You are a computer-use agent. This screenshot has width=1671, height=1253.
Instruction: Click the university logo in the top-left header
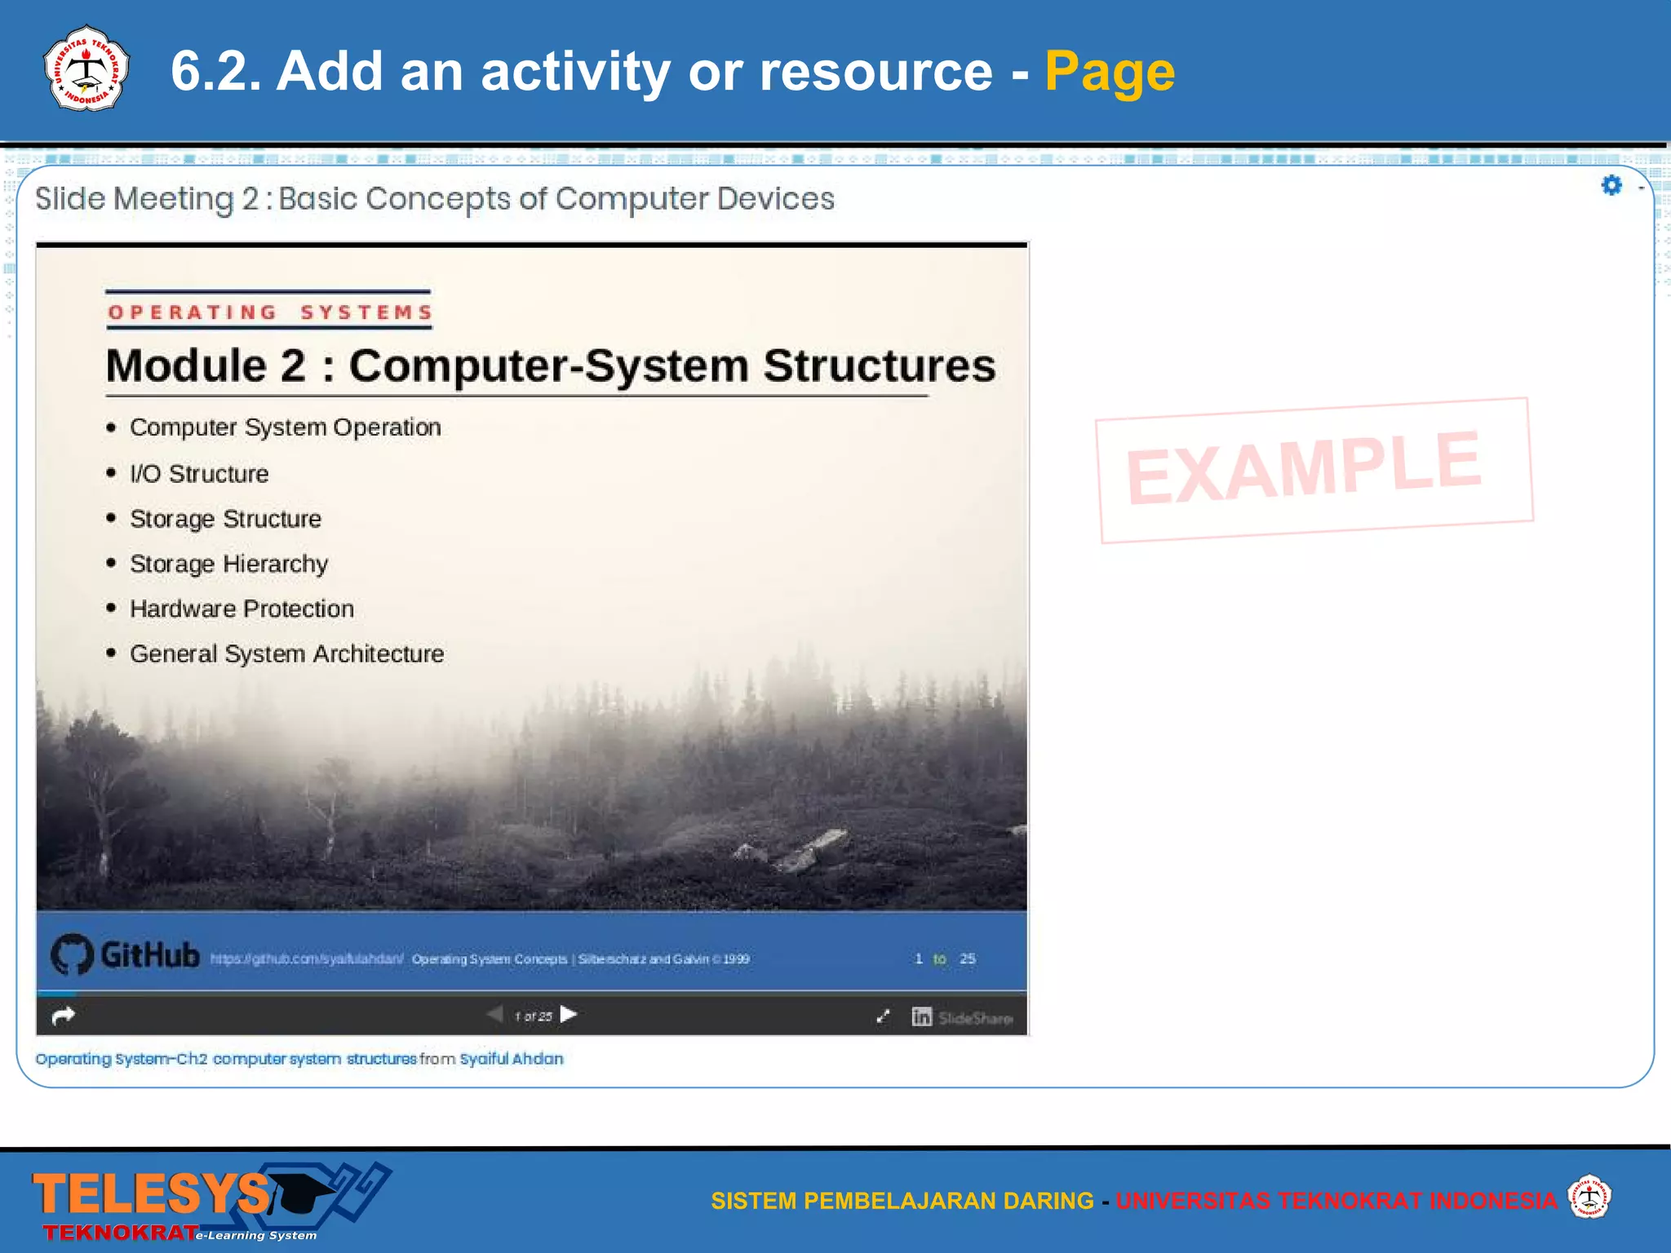pyautogui.click(x=86, y=69)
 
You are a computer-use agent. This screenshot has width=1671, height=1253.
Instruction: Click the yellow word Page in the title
pyautogui.click(x=1109, y=72)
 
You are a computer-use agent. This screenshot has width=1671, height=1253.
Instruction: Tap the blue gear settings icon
pyautogui.click(x=1611, y=186)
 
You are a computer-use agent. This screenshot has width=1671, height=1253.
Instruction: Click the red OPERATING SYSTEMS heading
pyautogui.click(x=269, y=312)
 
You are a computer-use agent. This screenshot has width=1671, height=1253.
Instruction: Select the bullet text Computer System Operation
pyautogui.click(x=285, y=427)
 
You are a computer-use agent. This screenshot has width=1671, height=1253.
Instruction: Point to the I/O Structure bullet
pyautogui.click(x=198, y=474)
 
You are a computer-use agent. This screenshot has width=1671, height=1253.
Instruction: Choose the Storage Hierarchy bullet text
pyautogui.click(x=228, y=564)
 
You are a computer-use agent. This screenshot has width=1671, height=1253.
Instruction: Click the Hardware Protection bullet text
pyautogui.click(x=242, y=609)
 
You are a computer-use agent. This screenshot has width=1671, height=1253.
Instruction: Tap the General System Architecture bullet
pyautogui.click(x=286, y=654)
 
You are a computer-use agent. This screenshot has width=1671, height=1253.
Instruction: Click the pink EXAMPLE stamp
pyautogui.click(x=1313, y=469)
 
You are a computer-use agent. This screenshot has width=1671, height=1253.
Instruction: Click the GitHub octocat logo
pyautogui.click(x=72, y=954)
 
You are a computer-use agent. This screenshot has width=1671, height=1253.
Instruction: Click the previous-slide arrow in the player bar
pyautogui.click(x=494, y=1015)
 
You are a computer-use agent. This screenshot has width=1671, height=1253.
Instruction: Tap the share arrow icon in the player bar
pyautogui.click(x=63, y=1016)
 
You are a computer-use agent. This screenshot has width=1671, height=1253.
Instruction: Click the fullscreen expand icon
pyautogui.click(x=883, y=1016)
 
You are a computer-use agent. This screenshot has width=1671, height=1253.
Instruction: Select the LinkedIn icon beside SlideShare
pyautogui.click(x=921, y=1016)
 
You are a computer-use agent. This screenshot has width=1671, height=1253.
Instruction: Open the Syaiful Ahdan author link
pyautogui.click(x=511, y=1059)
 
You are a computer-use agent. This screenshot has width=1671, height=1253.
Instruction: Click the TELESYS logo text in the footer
pyautogui.click(x=151, y=1194)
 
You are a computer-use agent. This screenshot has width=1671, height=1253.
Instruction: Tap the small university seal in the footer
pyautogui.click(x=1589, y=1197)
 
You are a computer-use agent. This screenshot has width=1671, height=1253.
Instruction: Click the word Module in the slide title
pyautogui.click(x=184, y=366)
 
